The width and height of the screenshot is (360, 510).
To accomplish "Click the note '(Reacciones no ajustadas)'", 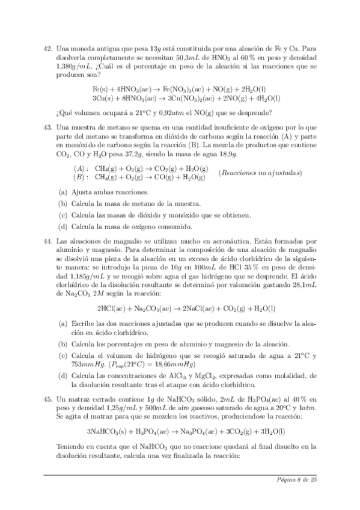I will (x=260, y=173).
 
